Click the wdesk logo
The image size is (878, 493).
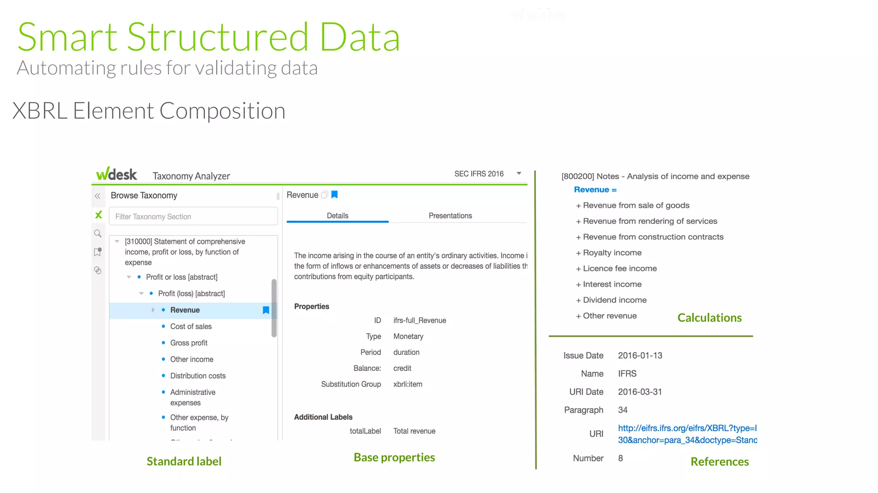(x=116, y=174)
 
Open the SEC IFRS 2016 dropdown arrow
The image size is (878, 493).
(x=519, y=174)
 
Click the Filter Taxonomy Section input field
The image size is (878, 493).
(x=193, y=216)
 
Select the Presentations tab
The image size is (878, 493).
(x=450, y=216)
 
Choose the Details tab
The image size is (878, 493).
(x=337, y=216)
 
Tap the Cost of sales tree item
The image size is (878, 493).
(x=191, y=326)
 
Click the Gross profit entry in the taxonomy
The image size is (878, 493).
(x=189, y=343)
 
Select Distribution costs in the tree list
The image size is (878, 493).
(x=198, y=376)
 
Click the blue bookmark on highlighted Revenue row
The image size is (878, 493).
(x=266, y=310)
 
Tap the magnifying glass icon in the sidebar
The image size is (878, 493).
(x=98, y=234)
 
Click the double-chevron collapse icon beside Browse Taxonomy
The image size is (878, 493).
(x=98, y=196)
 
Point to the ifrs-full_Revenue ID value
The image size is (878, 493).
(x=420, y=320)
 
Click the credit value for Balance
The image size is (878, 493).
(x=402, y=368)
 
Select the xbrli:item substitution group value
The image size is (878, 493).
(x=408, y=384)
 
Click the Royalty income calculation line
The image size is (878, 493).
(x=612, y=253)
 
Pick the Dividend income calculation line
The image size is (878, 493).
(x=614, y=300)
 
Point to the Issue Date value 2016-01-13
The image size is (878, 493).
(x=640, y=355)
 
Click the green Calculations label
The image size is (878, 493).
(x=709, y=318)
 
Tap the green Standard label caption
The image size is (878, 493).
(x=184, y=461)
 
